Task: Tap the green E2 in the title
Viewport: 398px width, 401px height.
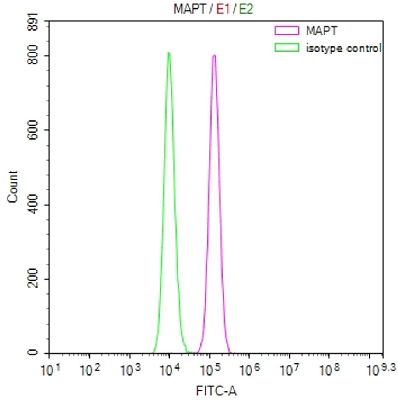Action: (245, 9)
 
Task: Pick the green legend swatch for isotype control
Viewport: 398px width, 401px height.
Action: (286, 48)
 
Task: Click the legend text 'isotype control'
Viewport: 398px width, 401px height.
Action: (343, 48)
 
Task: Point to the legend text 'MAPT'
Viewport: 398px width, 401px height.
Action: (321, 31)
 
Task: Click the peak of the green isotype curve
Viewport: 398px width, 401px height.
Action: (168, 53)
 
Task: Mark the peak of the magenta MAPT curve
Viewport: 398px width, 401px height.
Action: (214, 56)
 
